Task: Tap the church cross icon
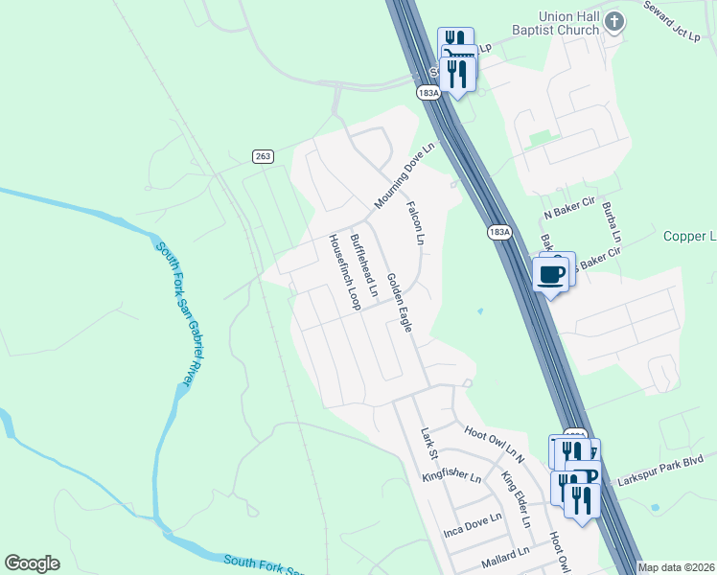614,22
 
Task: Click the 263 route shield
264,156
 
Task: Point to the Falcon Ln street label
414,223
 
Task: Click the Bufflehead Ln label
364,257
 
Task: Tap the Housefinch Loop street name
344,273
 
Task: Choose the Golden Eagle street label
399,302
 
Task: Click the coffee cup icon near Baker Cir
550,275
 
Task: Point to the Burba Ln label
612,221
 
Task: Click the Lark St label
428,443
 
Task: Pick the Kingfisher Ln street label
451,475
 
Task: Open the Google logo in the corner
33,563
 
